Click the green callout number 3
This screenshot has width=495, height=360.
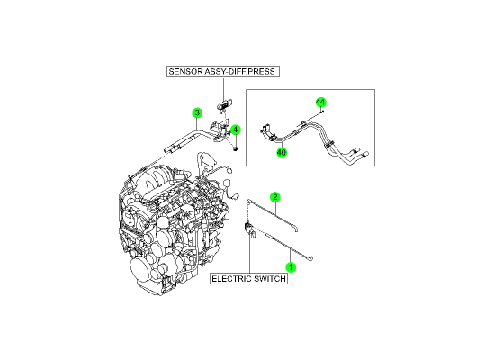197,112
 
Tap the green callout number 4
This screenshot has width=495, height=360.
236,130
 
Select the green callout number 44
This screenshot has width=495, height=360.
320,103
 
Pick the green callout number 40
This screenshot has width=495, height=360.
282,153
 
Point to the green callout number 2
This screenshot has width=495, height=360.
275,197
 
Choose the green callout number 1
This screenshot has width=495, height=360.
291,267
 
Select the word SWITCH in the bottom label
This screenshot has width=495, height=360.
270,279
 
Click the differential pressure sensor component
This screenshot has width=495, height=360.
224,104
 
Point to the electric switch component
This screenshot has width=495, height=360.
249,229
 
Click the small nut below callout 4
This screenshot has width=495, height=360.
235,148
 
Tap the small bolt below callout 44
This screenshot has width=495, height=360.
322,112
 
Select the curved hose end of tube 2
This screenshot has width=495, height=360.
294,229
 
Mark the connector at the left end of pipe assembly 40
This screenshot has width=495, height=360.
265,131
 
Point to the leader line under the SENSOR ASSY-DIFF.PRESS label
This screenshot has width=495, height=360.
224,88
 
